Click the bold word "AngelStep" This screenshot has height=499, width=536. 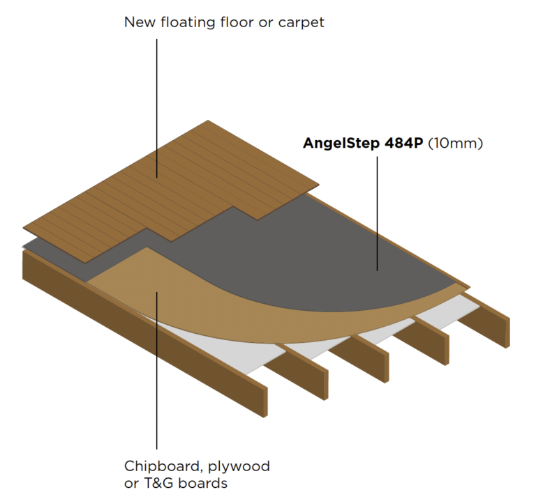[x=341, y=144]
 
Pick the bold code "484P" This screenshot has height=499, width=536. [x=403, y=144]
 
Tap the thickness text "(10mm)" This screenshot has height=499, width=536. [x=456, y=144]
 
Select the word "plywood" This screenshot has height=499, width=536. [x=239, y=466]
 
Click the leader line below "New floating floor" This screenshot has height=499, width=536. [x=156, y=105]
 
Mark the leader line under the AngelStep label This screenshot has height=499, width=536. [x=378, y=209]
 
